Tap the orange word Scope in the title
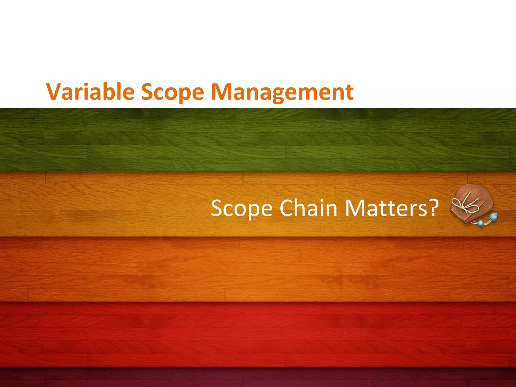[172, 92]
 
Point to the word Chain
[308, 208]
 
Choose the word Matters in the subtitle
[385, 208]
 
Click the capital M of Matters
[355, 208]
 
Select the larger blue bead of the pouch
[493, 217]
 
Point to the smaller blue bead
[481, 223]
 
